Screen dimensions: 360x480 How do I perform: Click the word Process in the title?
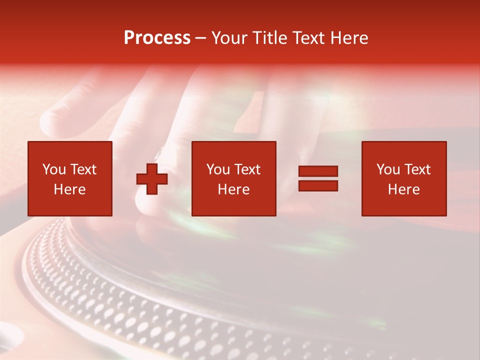[157, 38]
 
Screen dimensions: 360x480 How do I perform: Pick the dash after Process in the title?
[200, 39]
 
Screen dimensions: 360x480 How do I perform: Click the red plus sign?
[152, 179]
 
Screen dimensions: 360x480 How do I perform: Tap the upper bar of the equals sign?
[318, 171]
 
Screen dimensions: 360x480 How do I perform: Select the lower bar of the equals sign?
[318, 186]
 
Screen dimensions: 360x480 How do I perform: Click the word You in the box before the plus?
[53, 169]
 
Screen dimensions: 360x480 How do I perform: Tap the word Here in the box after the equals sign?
[403, 189]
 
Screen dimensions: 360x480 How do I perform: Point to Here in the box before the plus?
[69, 189]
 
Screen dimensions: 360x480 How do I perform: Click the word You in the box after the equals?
[387, 169]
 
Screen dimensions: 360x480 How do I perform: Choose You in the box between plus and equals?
[217, 169]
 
